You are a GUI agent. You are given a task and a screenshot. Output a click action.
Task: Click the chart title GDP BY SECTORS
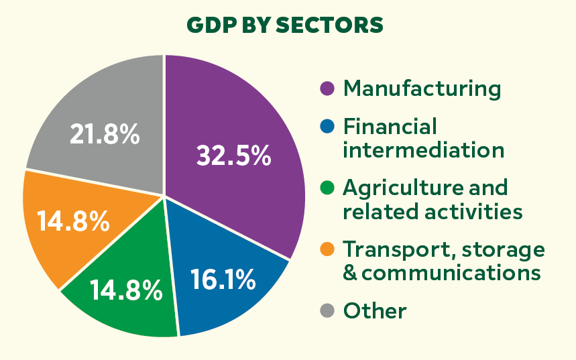click(x=284, y=25)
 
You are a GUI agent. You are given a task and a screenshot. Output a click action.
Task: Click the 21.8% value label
click(x=105, y=135)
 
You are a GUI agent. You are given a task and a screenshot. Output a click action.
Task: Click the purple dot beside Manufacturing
click(x=327, y=88)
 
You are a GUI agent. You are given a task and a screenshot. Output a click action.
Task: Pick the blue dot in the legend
click(x=327, y=126)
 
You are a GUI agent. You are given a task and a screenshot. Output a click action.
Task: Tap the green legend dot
click(x=327, y=187)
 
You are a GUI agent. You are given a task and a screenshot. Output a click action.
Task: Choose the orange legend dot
click(x=327, y=249)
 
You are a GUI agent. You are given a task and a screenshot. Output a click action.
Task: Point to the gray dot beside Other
click(x=327, y=310)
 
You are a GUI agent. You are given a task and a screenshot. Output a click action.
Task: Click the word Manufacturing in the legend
click(x=422, y=88)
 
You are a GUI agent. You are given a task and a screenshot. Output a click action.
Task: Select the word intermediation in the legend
click(x=423, y=149)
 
